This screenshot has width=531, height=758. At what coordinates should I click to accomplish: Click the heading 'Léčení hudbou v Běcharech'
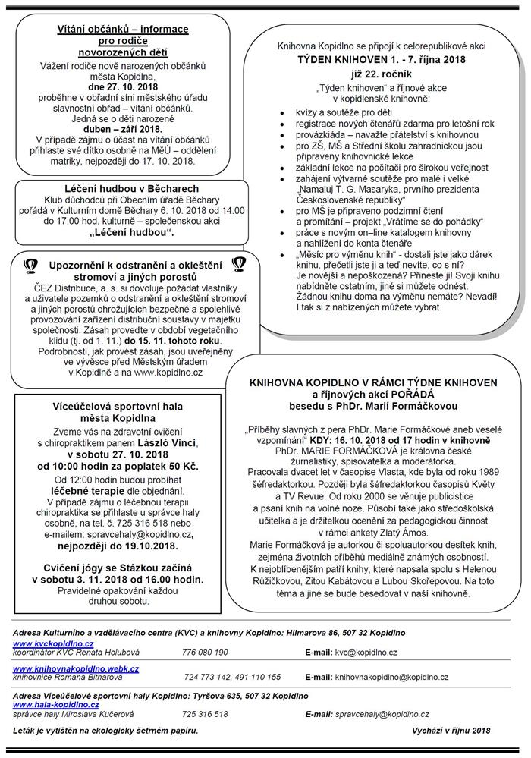tap(121, 189)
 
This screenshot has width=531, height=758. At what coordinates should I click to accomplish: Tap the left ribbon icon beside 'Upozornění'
tap(30, 265)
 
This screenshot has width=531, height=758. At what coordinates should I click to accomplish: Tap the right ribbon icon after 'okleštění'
tap(238, 264)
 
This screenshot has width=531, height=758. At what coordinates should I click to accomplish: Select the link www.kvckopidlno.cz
tap(46, 643)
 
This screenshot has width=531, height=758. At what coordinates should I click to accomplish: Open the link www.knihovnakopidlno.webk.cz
tap(76, 668)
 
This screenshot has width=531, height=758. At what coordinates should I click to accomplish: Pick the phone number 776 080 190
tap(205, 652)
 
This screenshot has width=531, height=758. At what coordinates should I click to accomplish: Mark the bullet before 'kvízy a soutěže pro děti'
tap(281, 111)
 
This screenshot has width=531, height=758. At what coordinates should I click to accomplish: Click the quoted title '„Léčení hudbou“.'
tap(121, 231)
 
